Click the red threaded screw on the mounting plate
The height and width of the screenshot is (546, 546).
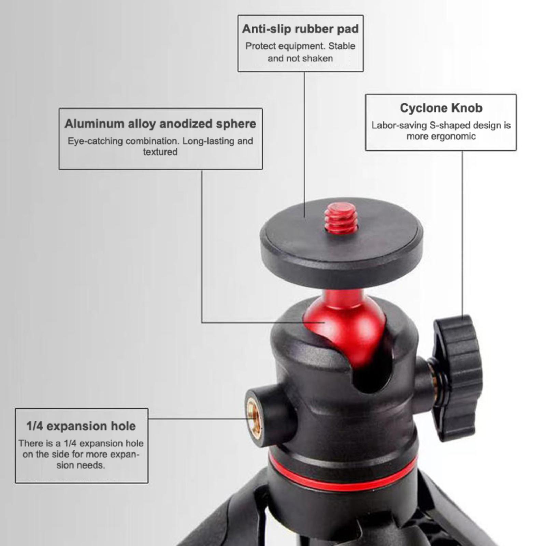coord(341,218)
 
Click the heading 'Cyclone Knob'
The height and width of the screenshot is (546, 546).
coord(441,108)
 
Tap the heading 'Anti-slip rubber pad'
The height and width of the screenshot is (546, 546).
coord(300,29)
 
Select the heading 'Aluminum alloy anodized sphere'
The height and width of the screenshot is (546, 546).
coord(160,124)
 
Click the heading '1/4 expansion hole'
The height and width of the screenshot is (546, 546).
coord(81,426)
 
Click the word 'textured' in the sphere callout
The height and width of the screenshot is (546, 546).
coord(160,152)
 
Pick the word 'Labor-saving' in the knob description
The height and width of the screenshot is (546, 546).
coord(399,126)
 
